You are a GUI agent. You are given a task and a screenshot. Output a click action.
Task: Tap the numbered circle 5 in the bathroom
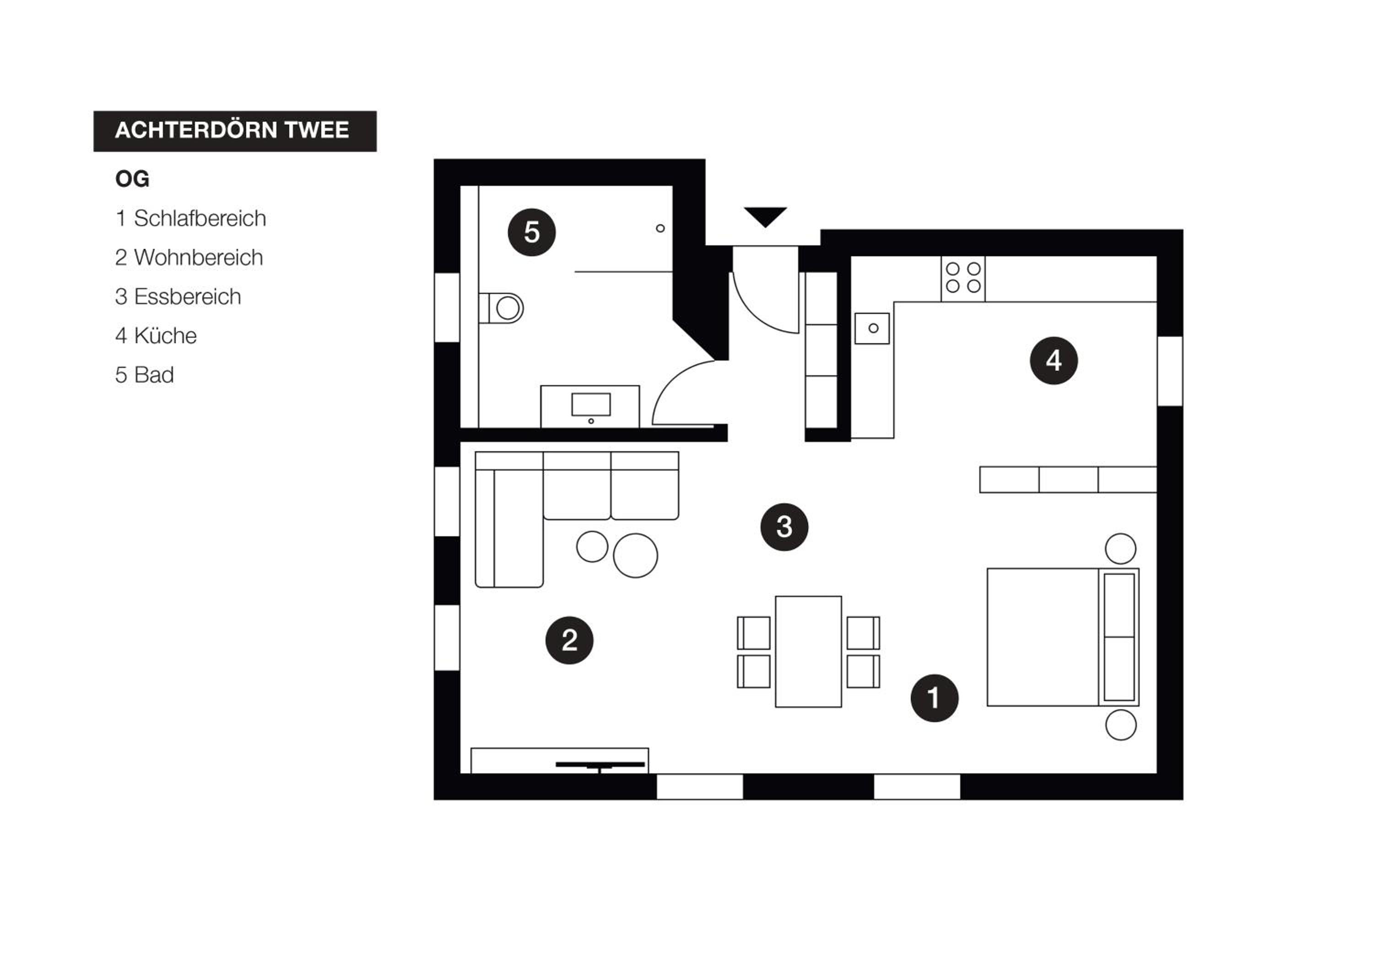532,232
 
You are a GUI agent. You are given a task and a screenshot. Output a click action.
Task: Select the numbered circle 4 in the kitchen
1054,360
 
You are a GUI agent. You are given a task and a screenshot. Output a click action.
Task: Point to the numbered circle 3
784,527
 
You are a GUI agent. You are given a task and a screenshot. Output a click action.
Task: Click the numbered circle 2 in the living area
569,640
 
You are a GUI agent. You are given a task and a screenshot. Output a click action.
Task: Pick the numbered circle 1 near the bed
934,698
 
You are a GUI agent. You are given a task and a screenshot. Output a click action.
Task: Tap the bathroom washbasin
590,407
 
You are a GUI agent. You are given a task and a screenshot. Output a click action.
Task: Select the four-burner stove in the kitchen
963,279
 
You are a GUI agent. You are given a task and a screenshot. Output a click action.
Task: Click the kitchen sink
872,328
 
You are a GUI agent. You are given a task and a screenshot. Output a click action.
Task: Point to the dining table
809,652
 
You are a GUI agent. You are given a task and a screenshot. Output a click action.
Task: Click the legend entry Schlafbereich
200,218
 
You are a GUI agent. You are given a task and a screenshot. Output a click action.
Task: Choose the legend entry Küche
165,335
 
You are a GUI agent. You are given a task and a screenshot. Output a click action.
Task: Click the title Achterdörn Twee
232,130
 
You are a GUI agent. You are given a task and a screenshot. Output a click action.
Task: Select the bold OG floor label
132,179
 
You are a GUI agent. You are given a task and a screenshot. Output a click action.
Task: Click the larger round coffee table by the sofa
635,556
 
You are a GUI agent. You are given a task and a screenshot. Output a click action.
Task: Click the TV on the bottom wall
600,765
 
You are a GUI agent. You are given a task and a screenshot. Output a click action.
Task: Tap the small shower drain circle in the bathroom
660,228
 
